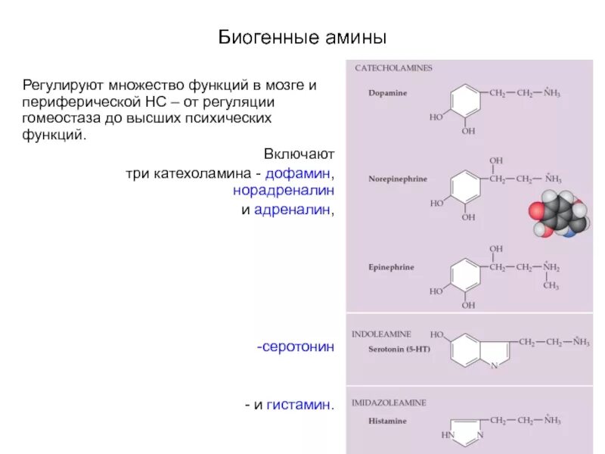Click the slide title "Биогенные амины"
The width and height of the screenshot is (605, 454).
click(302, 37)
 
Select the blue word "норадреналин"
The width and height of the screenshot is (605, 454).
click(283, 191)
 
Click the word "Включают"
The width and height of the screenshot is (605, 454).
click(299, 155)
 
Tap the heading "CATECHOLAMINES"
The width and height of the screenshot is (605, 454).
click(393, 69)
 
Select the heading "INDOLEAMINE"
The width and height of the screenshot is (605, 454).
click(382, 333)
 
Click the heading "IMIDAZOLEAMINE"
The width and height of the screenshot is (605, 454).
click(389, 403)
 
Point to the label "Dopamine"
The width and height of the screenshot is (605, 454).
click(388, 93)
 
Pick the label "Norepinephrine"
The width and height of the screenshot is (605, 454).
click(398, 179)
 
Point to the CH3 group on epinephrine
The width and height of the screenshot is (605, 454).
click(551, 286)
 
